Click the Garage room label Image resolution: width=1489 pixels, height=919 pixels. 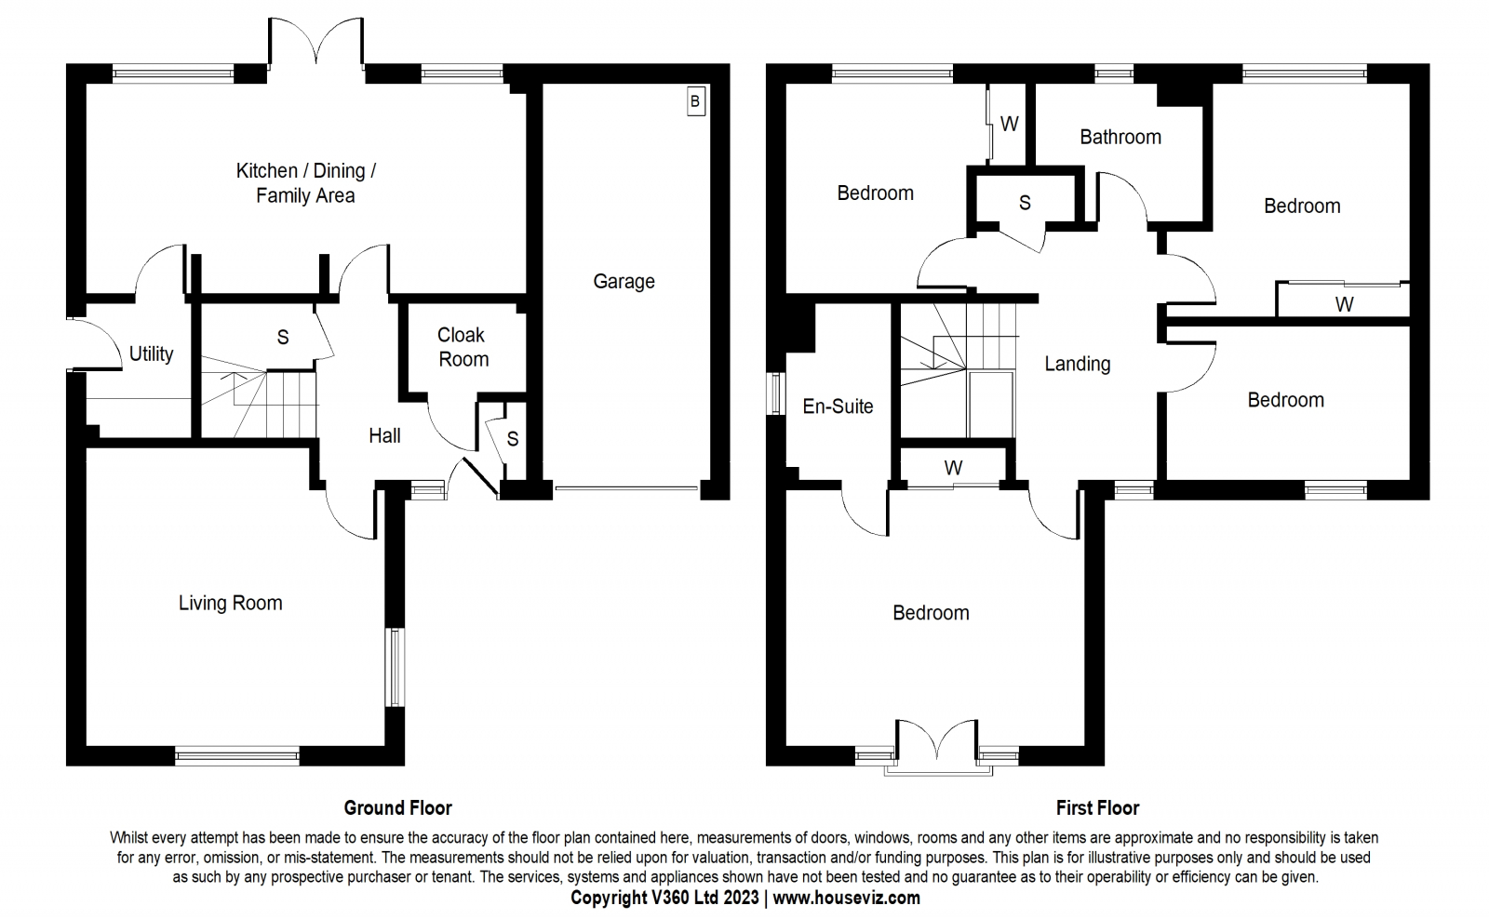pyautogui.click(x=624, y=282)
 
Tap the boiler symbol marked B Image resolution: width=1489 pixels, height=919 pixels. pyautogui.click(x=695, y=101)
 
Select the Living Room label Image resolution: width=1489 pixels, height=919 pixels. pyautogui.click(x=230, y=603)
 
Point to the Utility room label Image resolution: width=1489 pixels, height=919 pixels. pyautogui.click(x=151, y=353)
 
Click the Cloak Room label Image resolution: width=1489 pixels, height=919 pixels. pyautogui.click(x=463, y=347)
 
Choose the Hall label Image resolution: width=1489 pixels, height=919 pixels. pyautogui.click(x=384, y=436)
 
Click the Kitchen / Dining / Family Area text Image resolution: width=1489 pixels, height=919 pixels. pyautogui.click(x=306, y=182)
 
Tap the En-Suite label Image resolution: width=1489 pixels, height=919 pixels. pyautogui.click(x=838, y=406)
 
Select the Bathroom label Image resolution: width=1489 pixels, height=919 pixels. pyautogui.click(x=1120, y=137)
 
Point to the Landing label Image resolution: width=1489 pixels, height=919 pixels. pyautogui.click(x=1078, y=364)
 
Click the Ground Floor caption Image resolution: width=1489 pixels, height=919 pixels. pyautogui.click(x=397, y=808)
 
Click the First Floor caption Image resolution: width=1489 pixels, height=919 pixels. pyautogui.click(x=1097, y=808)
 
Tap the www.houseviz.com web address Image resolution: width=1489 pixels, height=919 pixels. pyautogui.click(x=846, y=899)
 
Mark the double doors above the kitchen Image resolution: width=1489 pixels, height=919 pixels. pyautogui.click(x=316, y=41)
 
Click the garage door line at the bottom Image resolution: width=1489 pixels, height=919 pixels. pyautogui.click(x=627, y=488)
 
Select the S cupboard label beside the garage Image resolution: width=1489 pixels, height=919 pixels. pyautogui.click(x=513, y=438)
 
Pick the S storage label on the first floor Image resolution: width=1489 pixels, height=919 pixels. pyautogui.click(x=1025, y=203)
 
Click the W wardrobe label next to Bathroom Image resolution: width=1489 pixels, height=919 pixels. pyautogui.click(x=1009, y=124)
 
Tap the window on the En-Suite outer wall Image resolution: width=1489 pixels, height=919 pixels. pyautogui.click(x=776, y=394)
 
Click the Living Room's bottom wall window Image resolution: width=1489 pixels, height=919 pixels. pyautogui.click(x=237, y=756)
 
